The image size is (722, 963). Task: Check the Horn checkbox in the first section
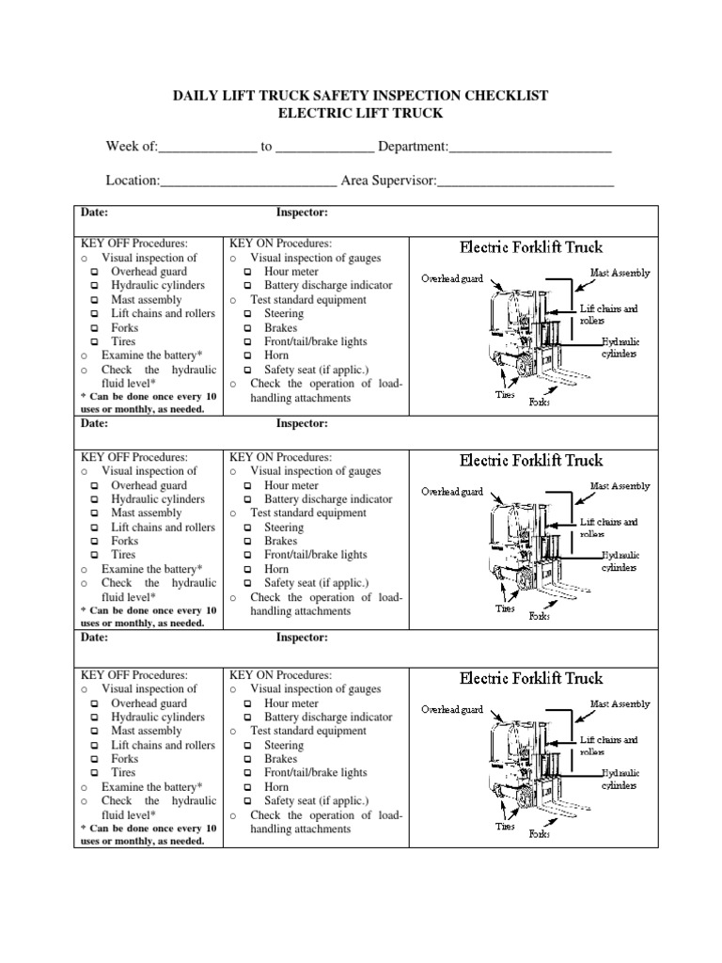click(x=248, y=356)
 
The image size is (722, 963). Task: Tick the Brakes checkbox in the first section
click(x=248, y=328)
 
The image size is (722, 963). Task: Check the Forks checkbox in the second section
click(x=95, y=542)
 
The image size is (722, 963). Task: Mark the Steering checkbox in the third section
click(x=248, y=746)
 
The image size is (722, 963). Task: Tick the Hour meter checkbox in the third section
click(x=248, y=703)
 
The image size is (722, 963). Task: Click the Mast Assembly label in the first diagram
click(x=620, y=273)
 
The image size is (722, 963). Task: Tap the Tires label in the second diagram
click(x=506, y=608)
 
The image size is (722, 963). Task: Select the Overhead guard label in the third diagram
click(x=451, y=709)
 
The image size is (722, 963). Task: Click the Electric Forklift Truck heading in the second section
click(x=531, y=461)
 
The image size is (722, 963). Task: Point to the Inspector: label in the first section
click(x=301, y=213)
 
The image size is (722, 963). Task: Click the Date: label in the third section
click(x=94, y=638)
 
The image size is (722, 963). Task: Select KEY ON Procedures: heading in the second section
click(x=274, y=457)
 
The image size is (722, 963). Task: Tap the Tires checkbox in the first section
click(x=95, y=342)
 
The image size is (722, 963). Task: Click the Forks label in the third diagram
click(x=540, y=834)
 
